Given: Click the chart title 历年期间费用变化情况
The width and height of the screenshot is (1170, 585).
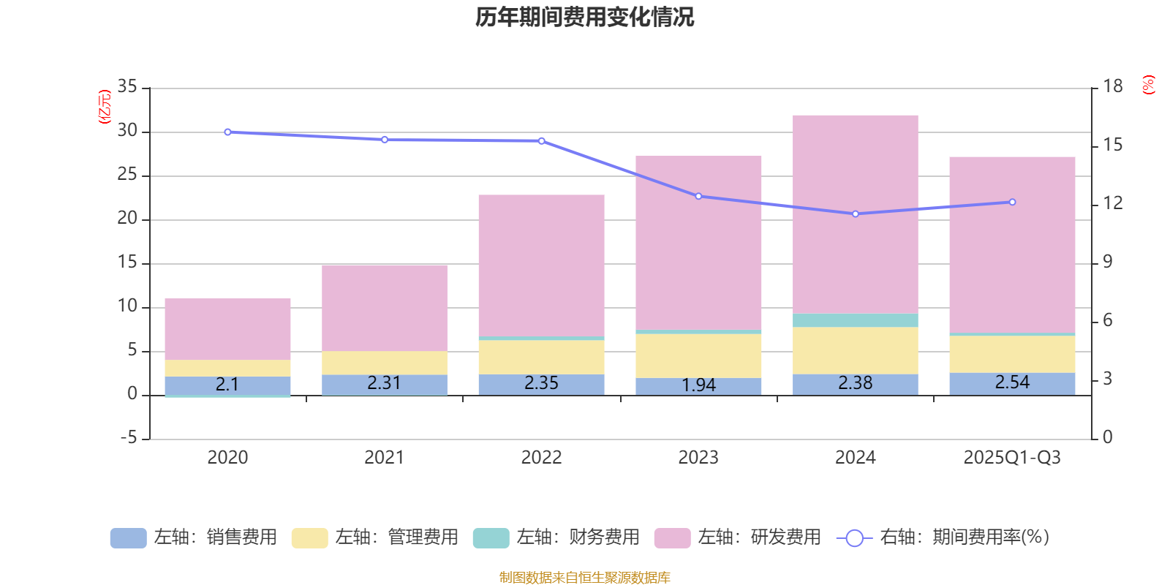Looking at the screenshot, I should (584, 17).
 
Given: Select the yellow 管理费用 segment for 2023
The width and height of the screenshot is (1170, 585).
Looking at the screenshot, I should (698, 355).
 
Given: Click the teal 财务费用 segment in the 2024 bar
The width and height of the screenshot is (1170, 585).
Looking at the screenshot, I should (856, 320).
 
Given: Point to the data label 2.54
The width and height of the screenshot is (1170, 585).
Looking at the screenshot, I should (1012, 382).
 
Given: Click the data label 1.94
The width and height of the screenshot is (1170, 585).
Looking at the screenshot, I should (698, 385).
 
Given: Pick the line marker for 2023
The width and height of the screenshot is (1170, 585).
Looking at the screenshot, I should (698, 196).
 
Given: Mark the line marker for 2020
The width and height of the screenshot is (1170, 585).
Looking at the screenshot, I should (227, 132).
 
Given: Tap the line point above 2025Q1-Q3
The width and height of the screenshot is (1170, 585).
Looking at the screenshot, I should (1012, 202).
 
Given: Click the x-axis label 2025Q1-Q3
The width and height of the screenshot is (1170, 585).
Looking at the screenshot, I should (1012, 458).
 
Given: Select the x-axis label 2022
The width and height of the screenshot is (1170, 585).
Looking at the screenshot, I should (541, 458).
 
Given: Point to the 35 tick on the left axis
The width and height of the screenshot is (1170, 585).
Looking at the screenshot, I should (127, 87).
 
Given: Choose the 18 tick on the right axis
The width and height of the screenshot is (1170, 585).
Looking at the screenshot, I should (1113, 87).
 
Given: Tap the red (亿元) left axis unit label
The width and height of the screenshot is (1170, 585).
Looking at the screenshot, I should (105, 107).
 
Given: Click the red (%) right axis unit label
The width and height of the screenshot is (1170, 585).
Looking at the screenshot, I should (1148, 85).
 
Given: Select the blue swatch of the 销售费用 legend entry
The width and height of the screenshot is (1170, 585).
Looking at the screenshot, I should (128, 538).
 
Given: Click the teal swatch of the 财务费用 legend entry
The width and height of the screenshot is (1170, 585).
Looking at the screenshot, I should (491, 538).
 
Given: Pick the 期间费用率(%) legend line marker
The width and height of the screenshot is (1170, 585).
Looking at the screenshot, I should (854, 538).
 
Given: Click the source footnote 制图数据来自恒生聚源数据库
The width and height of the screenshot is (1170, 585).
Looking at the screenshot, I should (584, 578).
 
